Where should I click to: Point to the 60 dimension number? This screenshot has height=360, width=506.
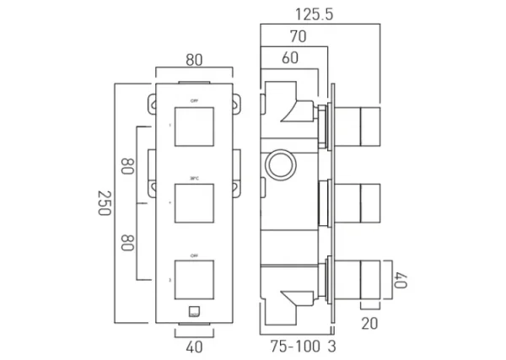(290, 58)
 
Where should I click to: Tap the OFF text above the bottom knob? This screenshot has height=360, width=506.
(195, 254)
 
